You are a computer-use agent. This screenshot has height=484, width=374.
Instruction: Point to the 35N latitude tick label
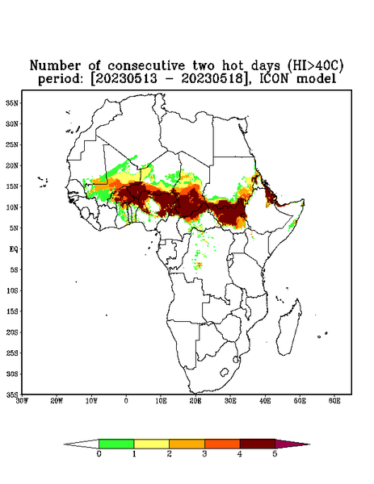12,102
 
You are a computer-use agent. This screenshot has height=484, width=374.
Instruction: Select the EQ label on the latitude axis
14,248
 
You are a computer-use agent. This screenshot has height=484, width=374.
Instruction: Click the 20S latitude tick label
12,332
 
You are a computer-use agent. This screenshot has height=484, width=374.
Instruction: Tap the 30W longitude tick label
22,401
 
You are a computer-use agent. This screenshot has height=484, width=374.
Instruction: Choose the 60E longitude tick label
334,401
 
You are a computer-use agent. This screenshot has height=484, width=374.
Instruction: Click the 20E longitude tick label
195,401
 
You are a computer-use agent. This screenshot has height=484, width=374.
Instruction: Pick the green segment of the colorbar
116,444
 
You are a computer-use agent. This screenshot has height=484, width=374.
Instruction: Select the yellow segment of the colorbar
151,444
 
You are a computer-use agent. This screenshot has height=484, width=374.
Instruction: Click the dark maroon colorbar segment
258,444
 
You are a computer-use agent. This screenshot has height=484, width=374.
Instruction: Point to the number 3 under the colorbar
204,454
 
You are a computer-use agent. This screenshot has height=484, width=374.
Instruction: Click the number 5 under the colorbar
275,454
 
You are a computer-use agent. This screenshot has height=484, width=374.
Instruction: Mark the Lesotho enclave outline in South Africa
224,372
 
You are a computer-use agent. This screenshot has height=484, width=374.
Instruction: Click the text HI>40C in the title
315,65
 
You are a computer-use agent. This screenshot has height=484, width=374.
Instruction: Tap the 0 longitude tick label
126,401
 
